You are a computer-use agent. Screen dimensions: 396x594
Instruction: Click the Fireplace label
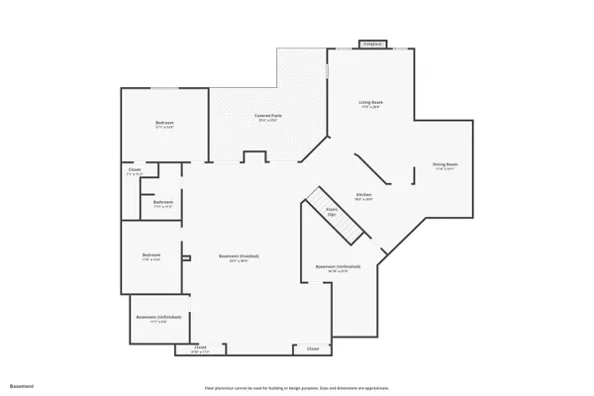[x=372, y=45]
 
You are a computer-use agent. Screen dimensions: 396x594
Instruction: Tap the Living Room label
[x=370, y=102]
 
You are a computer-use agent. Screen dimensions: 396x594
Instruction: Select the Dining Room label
[x=445, y=164]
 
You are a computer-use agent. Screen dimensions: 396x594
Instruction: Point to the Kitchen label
[x=363, y=195]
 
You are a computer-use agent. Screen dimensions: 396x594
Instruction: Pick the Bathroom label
[x=163, y=202]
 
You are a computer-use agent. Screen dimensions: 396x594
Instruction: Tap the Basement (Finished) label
[x=244, y=256]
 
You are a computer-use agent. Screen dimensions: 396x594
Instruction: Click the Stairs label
[x=332, y=209]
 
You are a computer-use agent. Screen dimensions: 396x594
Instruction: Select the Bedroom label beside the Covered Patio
[x=164, y=123]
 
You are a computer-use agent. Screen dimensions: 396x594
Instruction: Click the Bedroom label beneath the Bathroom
[x=151, y=255]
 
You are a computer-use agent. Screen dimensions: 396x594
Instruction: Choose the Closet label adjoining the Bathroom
[x=135, y=170]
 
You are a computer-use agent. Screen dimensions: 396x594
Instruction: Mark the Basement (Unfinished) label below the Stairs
[x=337, y=266]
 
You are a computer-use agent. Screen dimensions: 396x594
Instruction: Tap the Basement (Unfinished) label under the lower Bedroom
[x=158, y=317]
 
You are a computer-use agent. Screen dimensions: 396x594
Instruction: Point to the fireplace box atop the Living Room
[x=372, y=45]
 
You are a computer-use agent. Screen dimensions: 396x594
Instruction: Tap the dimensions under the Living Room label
[x=370, y=107]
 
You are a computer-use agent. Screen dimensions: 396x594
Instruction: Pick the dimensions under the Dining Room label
[x=445, y=169]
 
